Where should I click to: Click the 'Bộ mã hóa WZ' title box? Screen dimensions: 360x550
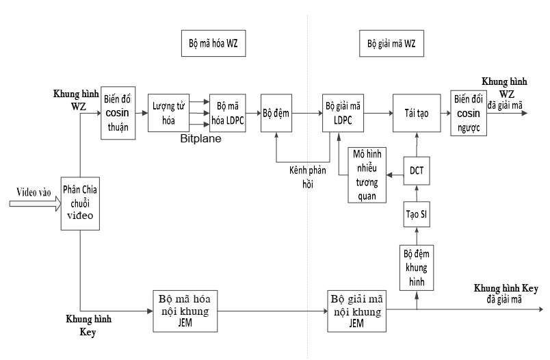213,43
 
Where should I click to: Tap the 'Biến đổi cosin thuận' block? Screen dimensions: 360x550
117,112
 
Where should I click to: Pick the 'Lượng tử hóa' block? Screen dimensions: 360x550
166,112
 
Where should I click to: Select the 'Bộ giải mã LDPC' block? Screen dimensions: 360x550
343,112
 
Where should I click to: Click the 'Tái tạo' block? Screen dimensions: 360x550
415,112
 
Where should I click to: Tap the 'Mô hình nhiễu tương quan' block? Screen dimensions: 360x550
367,175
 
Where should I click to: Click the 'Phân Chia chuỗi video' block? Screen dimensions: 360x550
81,202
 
